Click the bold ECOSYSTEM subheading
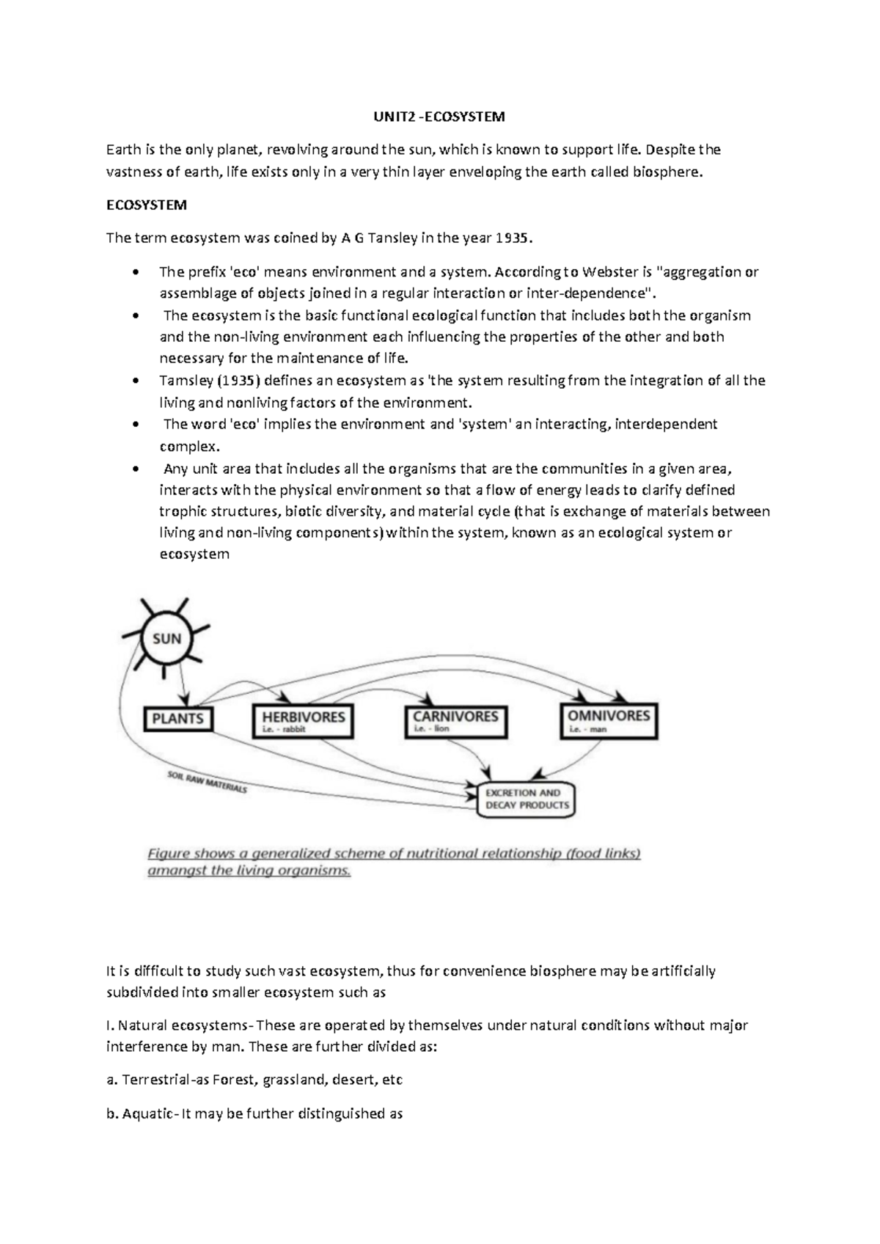click(x=146, y=205)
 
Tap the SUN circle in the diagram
click(x=166, y=638)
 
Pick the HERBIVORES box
click(x=303, y=720)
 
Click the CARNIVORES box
click(x=455, y=720)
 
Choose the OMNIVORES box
click(x=609, y=720)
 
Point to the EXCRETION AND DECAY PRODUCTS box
click(x=527, y=799)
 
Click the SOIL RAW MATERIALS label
click(x=207, y=782)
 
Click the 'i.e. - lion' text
click(x=431, y=729)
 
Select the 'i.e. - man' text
click(x=587, y=730)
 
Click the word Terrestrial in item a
click(x=155, y=1080)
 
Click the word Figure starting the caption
click(x=169, y=854)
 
